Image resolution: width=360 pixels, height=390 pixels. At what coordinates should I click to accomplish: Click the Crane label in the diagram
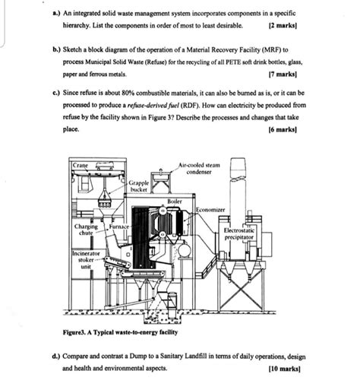tap(81, 165)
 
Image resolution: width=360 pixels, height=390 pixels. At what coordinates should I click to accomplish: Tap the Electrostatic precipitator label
tap(241, 232)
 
